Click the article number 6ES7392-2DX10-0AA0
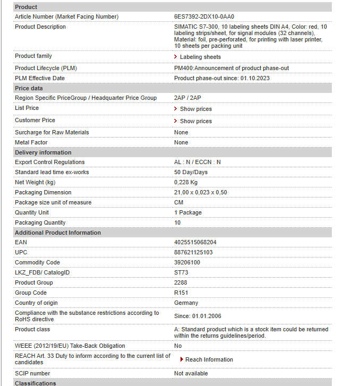pyautogui.click(x=204, y=17)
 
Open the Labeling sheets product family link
pyautogui.click(x=200, y=57)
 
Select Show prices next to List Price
pyautogui.click(x=195, y=109)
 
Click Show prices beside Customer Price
pyautogui.click(x=195, y=121)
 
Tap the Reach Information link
pyautogui.click(x=209, y=359)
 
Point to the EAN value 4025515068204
pyautogui.click(x=195, y=242)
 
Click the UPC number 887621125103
pyautogui.click(x=193, y=252)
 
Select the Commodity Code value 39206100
pyautogui.click(x=187, y=262)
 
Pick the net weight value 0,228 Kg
pyautogui.click(x=186, y=182)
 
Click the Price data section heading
pyautogui.click(x=29, y=88)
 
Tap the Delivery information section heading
pyautogui.click(x=43, y=152)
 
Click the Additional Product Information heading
pyautogui.click(x=58, y=233)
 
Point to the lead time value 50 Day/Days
pyautogui.click(x=191, y=172)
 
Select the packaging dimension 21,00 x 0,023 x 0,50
pyautogui.click(x=200, y=192)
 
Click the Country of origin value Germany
pyautogui.click(x=186, y=303)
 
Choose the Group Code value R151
pyautogui.click(x=181, y=293)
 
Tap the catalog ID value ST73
pyautogui.click(x=181, y=272)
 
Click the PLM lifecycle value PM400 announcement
pyautogui.click(x=232, y=68)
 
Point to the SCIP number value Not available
pyautogui.click(x=191, y=373)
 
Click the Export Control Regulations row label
pyautogui.click(x=50, y=162)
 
